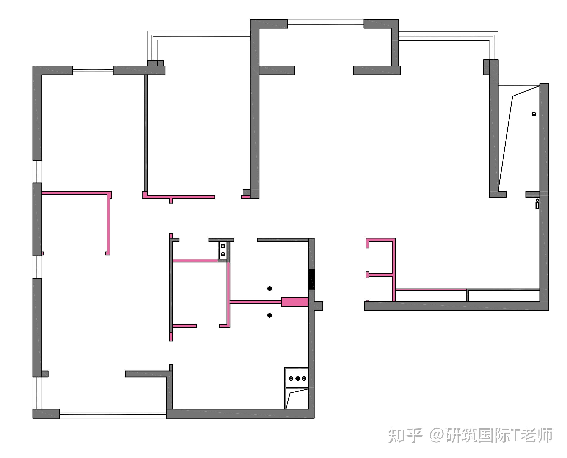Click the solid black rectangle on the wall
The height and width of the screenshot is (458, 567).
pos(311,279)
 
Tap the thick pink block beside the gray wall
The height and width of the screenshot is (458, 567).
pos(294,302)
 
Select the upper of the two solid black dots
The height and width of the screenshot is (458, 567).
pos(269,288)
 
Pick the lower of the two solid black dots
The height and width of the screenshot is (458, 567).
pos(269,315)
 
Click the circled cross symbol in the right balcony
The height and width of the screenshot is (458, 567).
pos(534,114)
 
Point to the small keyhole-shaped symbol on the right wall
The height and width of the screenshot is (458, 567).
pos(537,204)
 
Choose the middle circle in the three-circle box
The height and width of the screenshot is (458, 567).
pos(298,379)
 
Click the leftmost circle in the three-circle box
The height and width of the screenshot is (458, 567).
pos(291,379)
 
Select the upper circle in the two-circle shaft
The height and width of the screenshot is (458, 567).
pos(223,246)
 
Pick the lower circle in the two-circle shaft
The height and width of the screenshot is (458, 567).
pos(223,254)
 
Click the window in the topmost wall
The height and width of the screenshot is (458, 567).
pos(326,24)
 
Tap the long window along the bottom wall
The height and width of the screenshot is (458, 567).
pos(113,413)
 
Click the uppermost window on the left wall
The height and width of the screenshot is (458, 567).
pos(37,171)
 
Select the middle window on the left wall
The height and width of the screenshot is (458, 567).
pos(37,267)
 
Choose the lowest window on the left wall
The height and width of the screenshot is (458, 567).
pos(37,393)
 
